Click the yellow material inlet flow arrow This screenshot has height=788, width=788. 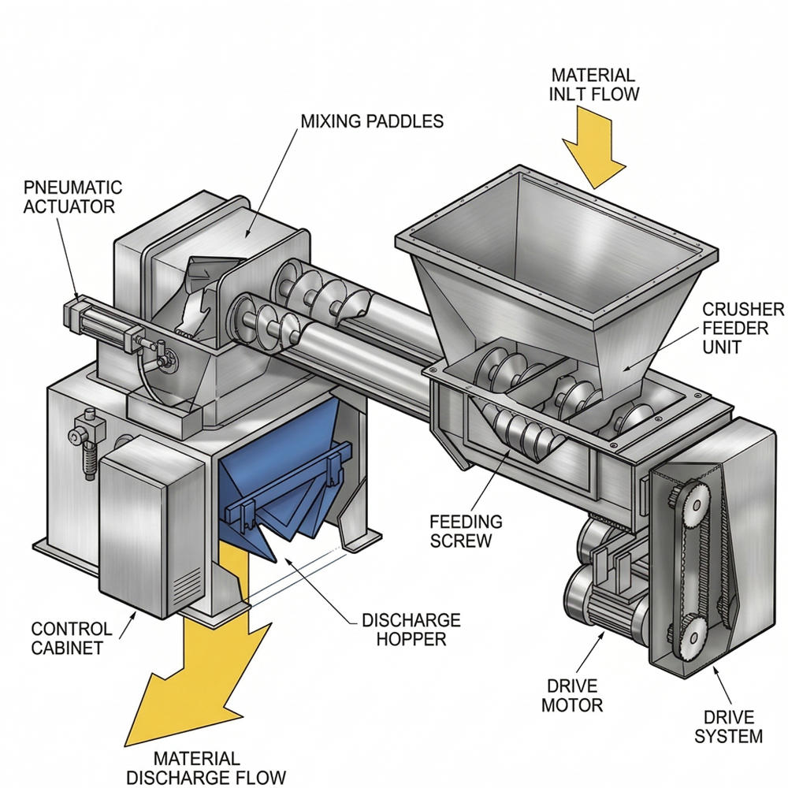(594, 151)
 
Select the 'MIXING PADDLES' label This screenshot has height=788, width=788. (372, 121)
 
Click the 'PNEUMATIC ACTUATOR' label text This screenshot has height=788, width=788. (72, 197)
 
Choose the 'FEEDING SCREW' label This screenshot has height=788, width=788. (466, 531)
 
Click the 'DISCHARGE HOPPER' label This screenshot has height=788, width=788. (411, 630)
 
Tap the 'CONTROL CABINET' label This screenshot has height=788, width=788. (72, 638)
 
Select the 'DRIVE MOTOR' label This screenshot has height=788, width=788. (572, 696)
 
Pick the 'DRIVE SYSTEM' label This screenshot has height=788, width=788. (728, 727)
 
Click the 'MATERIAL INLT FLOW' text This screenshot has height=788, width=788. (593, 84)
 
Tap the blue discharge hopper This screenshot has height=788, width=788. (271, 482)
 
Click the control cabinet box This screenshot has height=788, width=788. (151, 522)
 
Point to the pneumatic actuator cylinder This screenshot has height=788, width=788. (106, 322)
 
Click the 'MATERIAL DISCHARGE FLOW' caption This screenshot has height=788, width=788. (206, 768)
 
